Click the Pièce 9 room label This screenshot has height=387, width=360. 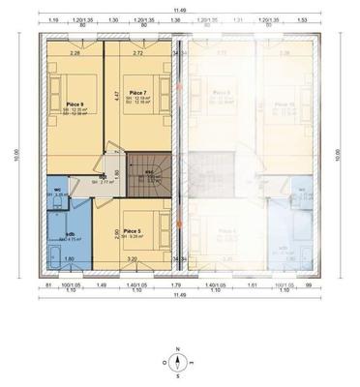coord(75,102)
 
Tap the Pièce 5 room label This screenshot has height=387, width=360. coord(132,231)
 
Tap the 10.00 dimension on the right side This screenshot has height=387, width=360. coord(338,154)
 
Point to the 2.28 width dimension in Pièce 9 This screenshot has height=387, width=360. coord(75,53)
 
